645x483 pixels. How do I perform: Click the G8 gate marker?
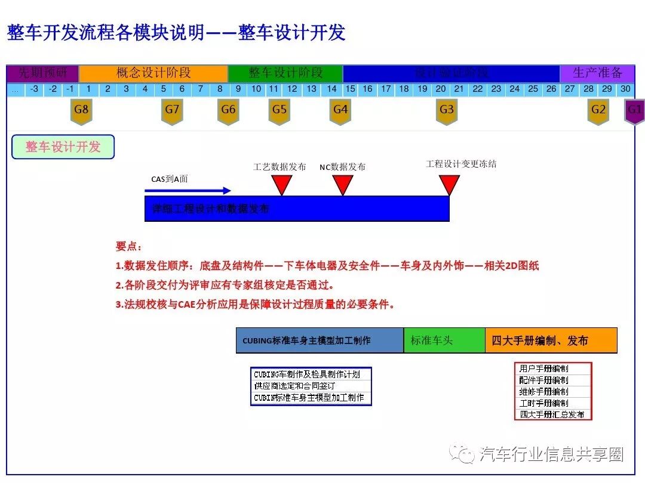point(81,111)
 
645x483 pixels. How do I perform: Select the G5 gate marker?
point(279,111)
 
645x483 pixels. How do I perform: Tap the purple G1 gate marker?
point(634,111)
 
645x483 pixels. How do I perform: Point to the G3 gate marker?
point(447,111)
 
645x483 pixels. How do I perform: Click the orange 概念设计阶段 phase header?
point(153,73)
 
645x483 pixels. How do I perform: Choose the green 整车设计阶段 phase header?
point(285,73)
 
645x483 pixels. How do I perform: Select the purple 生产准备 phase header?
point(597,73)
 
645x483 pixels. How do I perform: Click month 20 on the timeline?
point(441,89)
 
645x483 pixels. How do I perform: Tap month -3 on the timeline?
point(34,89)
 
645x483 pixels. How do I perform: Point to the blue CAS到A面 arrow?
point(188,191)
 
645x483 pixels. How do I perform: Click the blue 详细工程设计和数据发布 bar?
point(297,209)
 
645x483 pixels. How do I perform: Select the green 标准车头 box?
point(444,340)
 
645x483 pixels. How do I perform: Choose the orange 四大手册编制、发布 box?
point(551,340)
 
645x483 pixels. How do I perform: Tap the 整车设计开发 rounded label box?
point(63,147)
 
